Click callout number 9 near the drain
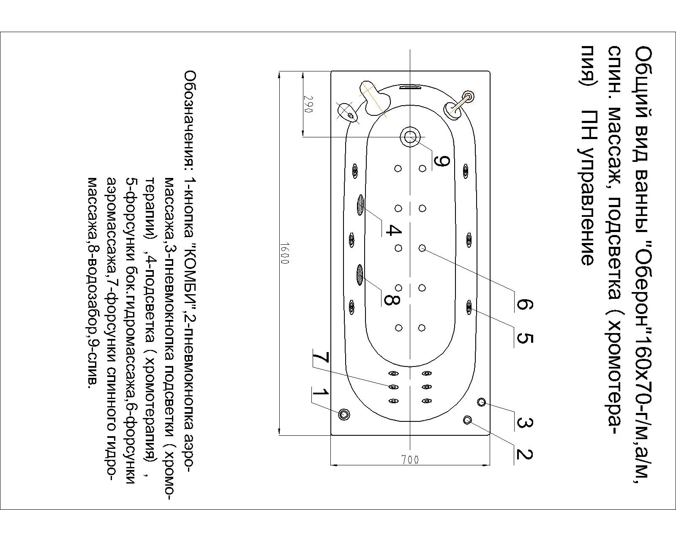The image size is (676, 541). (442, 161)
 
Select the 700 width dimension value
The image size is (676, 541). (410, 460)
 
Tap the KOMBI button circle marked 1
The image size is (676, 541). (345, 414)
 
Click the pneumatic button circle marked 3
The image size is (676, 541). (482, 402)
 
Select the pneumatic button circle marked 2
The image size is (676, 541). (468, 420)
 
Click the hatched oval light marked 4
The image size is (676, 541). (360, 205)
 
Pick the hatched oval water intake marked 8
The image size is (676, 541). (360, 275)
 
